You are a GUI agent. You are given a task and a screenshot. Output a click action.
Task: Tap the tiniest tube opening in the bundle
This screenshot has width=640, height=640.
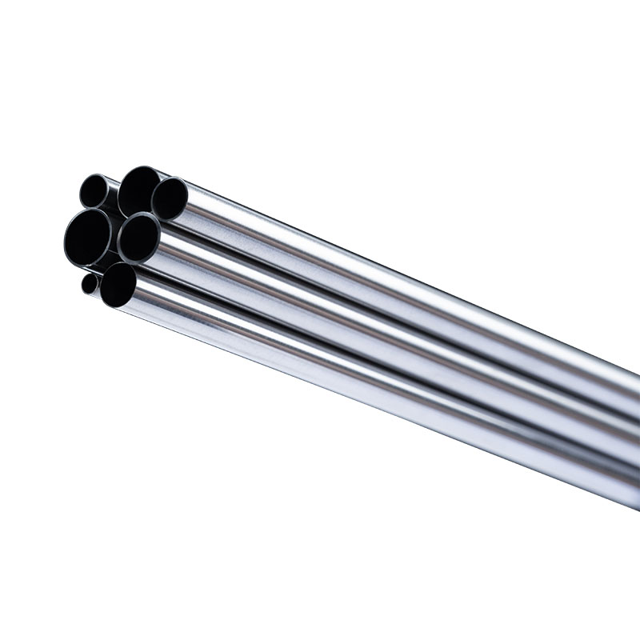point(90,283)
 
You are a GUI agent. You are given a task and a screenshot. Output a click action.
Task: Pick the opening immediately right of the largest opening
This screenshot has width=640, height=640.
point(139,237)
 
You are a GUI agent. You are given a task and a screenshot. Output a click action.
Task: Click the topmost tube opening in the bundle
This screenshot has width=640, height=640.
point(139,190)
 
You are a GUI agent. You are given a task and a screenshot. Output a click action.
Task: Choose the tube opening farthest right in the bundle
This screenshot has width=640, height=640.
point(170,198)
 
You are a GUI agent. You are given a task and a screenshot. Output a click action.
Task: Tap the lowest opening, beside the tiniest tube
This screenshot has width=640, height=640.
point(118,284)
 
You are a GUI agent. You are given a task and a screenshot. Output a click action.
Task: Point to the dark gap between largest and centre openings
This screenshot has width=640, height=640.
point(114,240)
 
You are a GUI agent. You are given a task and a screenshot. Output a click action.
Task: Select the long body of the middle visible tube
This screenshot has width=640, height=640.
point(400,336)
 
